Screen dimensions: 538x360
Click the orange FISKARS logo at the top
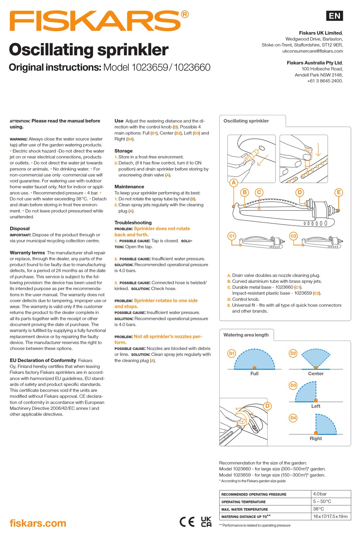pyautogui.click(x=99, y=21)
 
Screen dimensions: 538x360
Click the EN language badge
pyautogui.click(x=334, y=16)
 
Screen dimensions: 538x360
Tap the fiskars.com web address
pyautogui.click(x=38, y=523)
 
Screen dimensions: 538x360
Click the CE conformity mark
pyautogui.click(x=187, y=522)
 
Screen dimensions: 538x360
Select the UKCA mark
pyautogui.click(x=206, y=522)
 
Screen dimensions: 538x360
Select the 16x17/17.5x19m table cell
pyautogui.click(x=330, y=516)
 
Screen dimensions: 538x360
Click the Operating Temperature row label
pyautogui.click(x=243, y=502)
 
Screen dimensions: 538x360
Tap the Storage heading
pyautogui.click(x=124, y=151)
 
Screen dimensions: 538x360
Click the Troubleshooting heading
pyautogui.click(x=133, y=223)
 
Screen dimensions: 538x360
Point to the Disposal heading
pyautogui.click(x=20, y=229)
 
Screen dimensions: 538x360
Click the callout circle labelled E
pyautogui.click(x=339, y=192)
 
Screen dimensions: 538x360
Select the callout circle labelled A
pyautogui.click(x=233, y=182)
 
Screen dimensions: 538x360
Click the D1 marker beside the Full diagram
pyautogui.click(x=232, y=353)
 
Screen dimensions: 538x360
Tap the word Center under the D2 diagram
pyautogui.click(x=316, y=373)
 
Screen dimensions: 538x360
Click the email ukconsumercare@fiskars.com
pyautogui.click(x=313, y=51)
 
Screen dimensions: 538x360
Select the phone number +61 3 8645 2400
pyautogui.click(x=325, y=81)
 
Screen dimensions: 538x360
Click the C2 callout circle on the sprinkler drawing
pyautogui.click(x=293, y=236)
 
